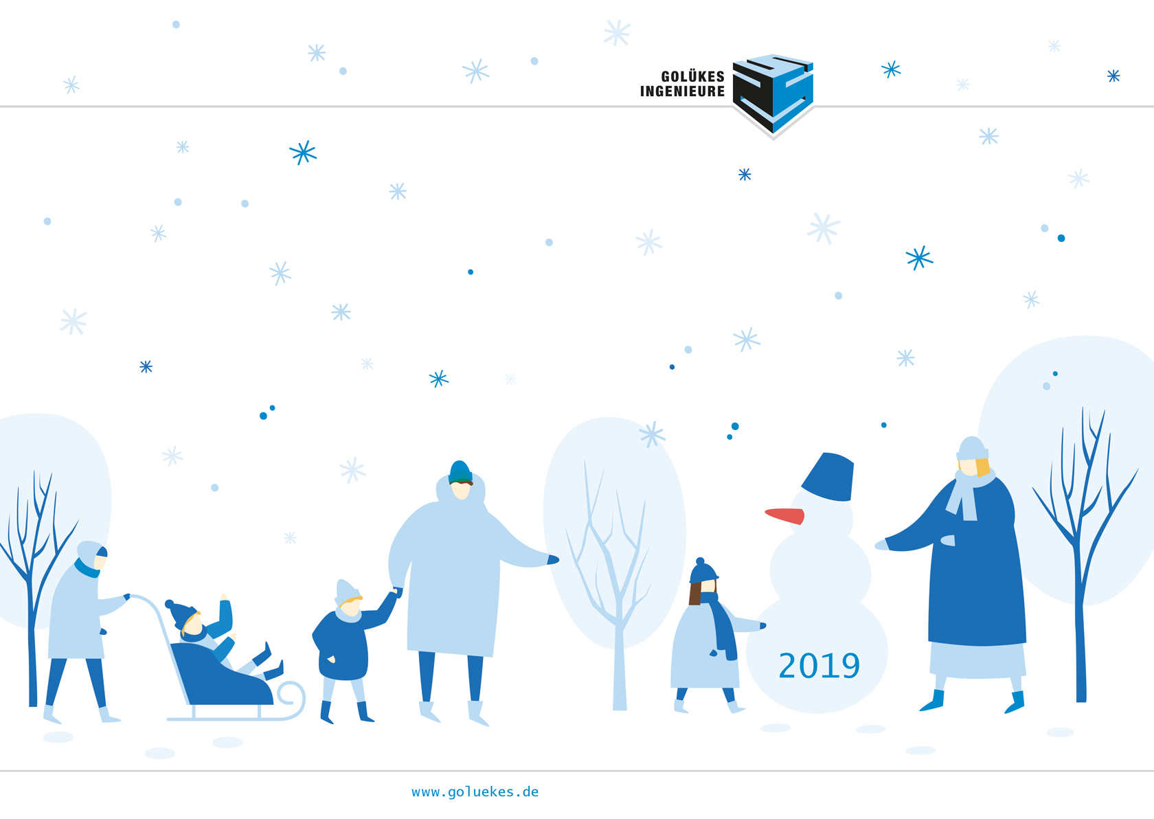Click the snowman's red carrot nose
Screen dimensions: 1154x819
click(x=785, y=515)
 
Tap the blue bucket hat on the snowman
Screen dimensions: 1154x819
click(x=829, y=477)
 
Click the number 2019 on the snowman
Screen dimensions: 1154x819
click(x=819, y=665)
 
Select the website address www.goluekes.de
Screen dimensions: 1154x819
click(x=475, y=792)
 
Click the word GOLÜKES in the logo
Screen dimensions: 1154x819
click(x=692, y=77)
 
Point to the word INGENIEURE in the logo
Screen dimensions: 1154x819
click(x=682, y=91)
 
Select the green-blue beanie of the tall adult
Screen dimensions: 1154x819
click(x=460, y=472)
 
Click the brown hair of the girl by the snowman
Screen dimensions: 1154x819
click(x=695, y=593)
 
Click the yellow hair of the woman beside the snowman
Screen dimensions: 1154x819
click(x=982, y=467)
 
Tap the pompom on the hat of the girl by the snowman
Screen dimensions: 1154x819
click(x=699, y=561)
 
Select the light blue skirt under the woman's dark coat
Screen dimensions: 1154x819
click(x=977, y=661)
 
